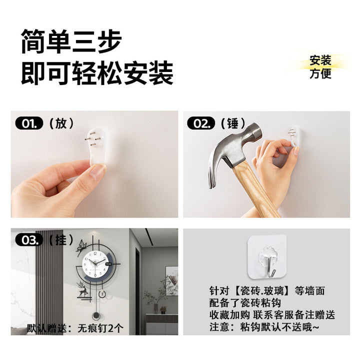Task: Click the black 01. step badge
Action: [29, 123]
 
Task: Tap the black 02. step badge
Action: [201, 123]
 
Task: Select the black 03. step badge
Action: [29, 240]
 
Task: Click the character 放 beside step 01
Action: [61, 123]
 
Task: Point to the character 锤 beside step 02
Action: [233, 123]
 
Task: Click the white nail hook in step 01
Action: [97, 146]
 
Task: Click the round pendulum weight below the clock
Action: [96, 316]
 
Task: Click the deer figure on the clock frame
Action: [82, 289]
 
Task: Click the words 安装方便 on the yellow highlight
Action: [320, 67]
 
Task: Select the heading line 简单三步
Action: [71, 42]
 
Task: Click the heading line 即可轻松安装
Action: [97, 73]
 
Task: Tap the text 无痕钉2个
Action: [100, 328]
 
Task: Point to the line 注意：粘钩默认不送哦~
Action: [264, 327]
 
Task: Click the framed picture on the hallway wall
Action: [171, 281]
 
